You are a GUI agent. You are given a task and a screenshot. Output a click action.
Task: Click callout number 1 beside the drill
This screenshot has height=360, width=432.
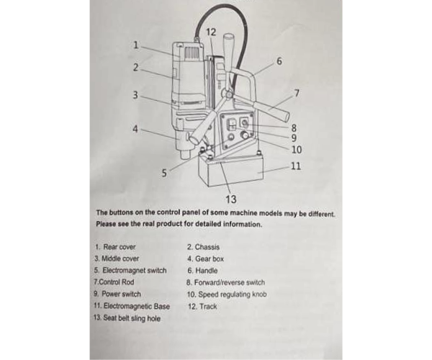tap(135, 45)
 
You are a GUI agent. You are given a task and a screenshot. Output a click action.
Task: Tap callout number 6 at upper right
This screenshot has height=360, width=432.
tap(279, 61)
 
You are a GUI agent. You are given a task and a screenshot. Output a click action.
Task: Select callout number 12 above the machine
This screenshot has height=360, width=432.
tap(210, 32)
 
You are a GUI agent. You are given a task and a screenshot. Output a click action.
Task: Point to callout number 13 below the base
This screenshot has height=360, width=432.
tap(230, 199)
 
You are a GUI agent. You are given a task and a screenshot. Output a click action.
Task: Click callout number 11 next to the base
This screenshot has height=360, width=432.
tap(295, 166)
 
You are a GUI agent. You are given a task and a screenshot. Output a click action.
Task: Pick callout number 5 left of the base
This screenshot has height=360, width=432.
tap(164, 173)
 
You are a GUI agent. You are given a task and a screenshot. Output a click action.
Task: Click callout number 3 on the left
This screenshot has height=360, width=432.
tap(135, 94)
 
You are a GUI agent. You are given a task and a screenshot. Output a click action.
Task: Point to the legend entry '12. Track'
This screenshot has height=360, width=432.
tap(202, 307)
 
